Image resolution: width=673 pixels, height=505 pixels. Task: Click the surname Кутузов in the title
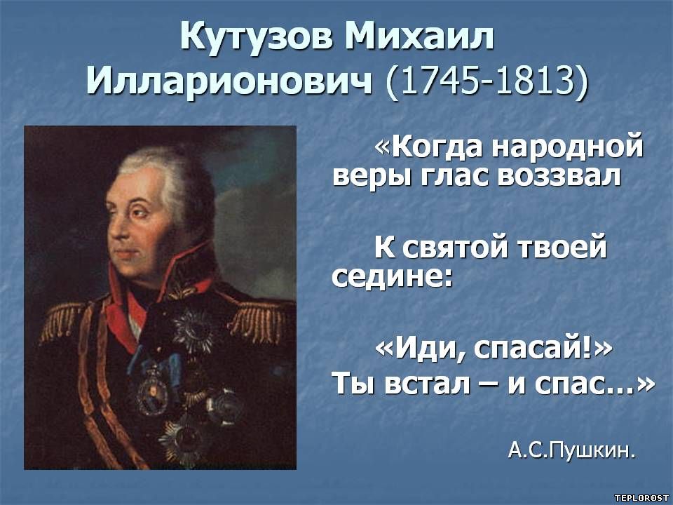coord(256,38)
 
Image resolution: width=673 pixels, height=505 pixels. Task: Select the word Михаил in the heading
coord(419,37)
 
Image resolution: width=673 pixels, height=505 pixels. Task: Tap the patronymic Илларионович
coord(229,81)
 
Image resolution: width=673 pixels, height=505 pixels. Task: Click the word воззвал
coord(559,176)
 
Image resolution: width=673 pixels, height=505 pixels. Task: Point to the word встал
coord(427,384)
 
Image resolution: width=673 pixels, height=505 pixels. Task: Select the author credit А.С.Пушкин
coord(571,450)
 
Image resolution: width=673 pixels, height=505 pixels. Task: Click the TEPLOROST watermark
coord(641,498)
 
